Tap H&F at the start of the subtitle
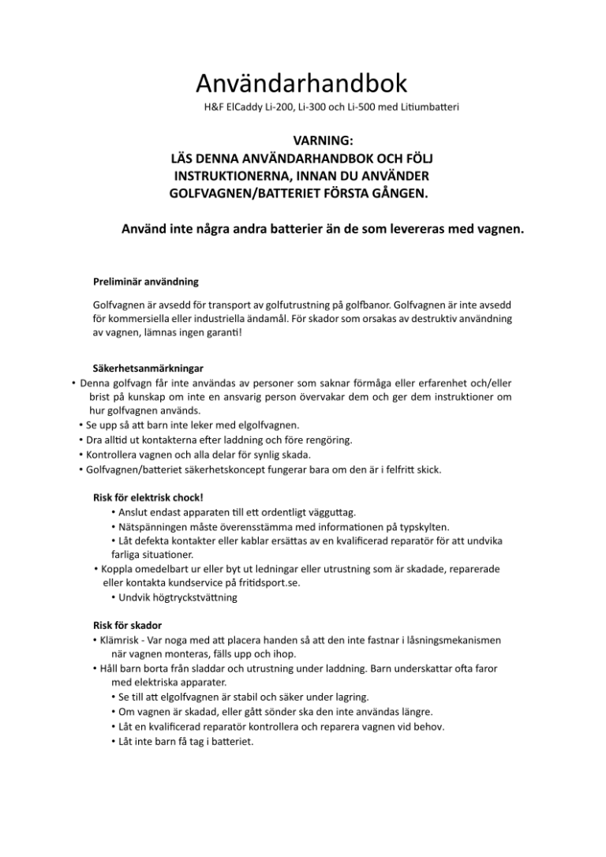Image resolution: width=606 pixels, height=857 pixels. [x=214, y=106]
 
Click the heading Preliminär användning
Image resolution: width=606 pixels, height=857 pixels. [x=145, y=281]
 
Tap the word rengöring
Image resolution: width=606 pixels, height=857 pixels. [x=328, y=439]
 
